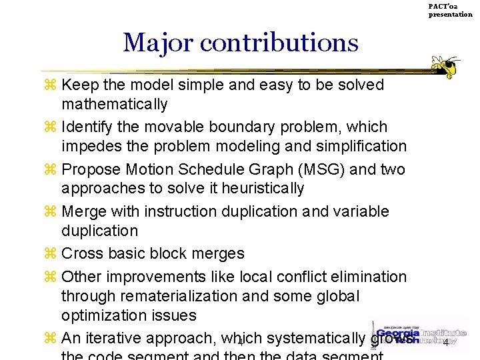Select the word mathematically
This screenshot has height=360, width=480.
(x=114, y=105)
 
